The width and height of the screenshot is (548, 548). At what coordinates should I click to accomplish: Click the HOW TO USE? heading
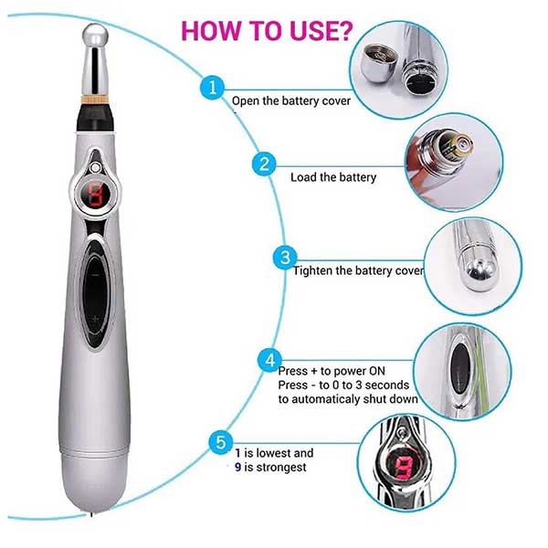pyautogui.click(x=267, y=31)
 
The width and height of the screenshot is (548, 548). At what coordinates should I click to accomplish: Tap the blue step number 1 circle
pyautogui.click(x=212, y=88)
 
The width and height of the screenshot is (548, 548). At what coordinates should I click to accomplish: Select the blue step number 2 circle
pyautogui.click(x=264, y=163)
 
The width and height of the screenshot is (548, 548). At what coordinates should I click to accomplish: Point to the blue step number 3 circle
pyautogui.click(x=285, y=258)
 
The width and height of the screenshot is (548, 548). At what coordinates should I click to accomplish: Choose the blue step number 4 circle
pyautogui.click(x=269, y=361)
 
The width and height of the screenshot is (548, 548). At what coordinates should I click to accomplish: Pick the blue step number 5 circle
pyautogui.click(x=221, y=442)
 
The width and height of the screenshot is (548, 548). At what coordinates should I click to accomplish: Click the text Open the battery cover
pyautogui.click(x=291, y=101)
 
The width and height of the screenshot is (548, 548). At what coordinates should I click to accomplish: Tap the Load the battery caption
pyautogui.click(x=333, y=177)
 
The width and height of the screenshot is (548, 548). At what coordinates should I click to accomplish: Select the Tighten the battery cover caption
pyautogui.click(x=358, y=271)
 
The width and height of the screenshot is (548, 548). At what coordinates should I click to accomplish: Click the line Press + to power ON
pyautogui.click(x=332, y=371)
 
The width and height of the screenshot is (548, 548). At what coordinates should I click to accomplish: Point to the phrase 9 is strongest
pyautogui.click(x=270, y=468)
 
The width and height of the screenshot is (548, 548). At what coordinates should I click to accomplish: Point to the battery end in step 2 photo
pyautogui.click(x=460, y=144)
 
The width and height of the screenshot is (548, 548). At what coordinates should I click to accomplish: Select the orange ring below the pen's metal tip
pyautogui.click(x=95, y=100)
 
